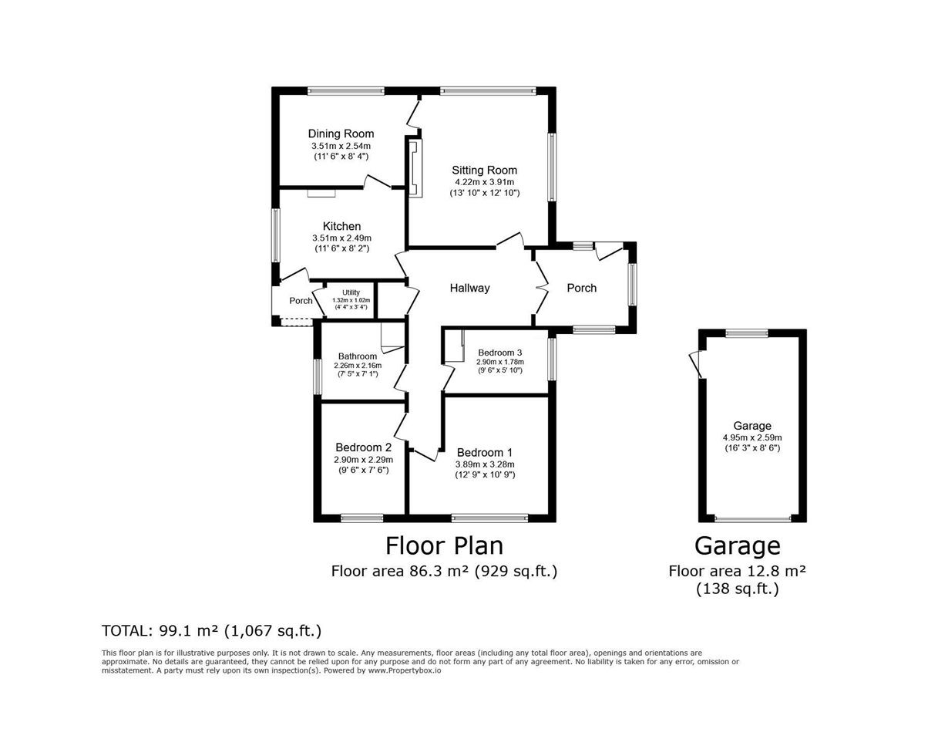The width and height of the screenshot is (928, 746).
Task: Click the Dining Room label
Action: (x=341, y=133)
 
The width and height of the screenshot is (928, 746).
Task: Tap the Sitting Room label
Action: (x=484, y=170)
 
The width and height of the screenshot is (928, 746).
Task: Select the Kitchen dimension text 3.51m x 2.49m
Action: (x=341, y=238)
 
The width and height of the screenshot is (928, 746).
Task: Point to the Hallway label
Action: (x=469, y=288)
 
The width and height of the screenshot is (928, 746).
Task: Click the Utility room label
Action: (x=351, y=292)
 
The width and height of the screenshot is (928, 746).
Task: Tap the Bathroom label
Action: (x=358, y=356)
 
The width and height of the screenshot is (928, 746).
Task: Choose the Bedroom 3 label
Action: (x=499, y=353)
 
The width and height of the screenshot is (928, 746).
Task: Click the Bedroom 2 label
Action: (x=364, y=447)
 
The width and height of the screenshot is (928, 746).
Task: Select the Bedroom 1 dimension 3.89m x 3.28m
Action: (x=485, y=464)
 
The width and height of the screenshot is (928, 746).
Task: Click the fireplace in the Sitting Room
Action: (x=415, y=168)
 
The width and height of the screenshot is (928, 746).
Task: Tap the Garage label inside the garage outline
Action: (x=752, y=426)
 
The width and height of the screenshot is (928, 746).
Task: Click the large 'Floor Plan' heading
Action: (x=444, y=545)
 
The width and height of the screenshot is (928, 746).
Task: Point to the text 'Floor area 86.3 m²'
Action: (x=400, y=571)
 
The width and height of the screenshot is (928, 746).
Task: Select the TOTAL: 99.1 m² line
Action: (x=212, y=631)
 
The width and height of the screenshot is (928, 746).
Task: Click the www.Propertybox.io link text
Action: (x=405, y=670)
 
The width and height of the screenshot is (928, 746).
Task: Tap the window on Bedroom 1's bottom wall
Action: (x=489, y=518)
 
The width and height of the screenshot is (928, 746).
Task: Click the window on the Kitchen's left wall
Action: (x=276, y=235)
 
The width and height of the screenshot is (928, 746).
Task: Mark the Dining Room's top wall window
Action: (x=346, y=91)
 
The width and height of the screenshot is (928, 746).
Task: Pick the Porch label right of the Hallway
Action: (x=581, y=288)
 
